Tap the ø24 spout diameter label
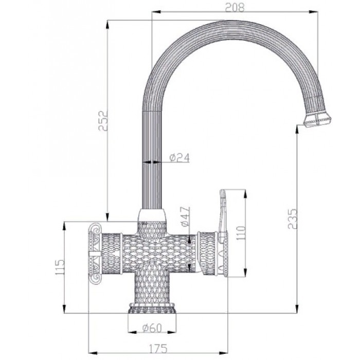179,158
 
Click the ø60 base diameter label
153,328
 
